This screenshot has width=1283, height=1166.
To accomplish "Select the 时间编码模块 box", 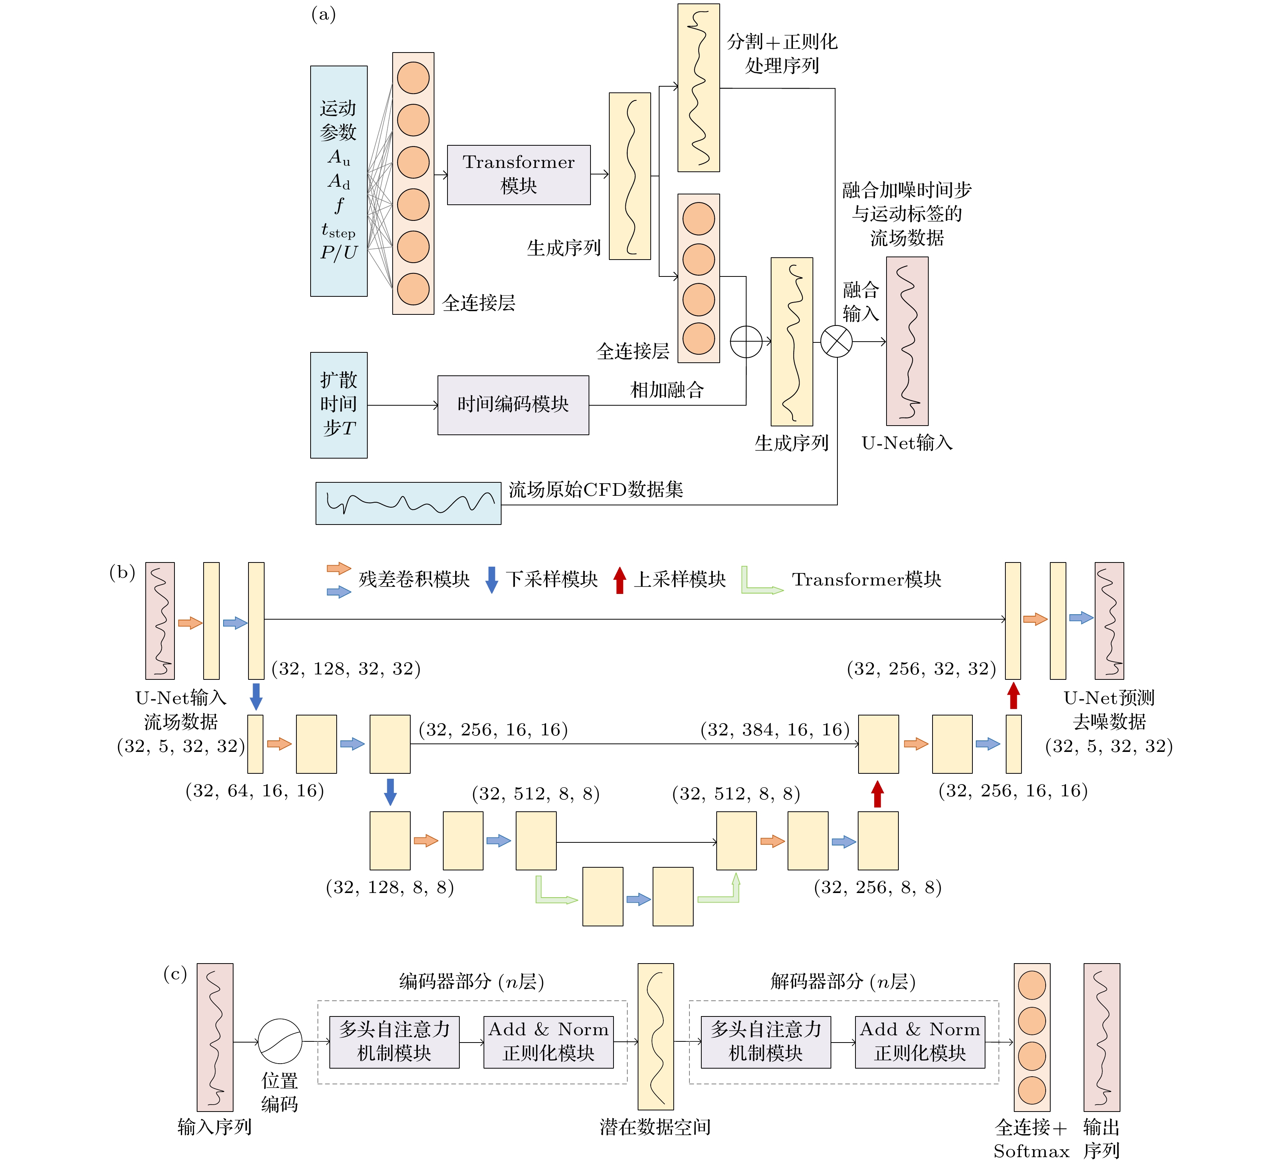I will pos(513,405).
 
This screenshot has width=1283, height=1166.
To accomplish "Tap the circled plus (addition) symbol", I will pos(746,342).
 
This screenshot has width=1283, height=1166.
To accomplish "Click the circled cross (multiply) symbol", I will pos(836,342).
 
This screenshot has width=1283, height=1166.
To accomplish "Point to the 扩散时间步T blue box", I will pos(339,405).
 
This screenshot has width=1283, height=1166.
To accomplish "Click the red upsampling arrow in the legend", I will pos(619,580).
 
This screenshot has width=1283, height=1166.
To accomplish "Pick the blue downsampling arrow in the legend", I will pos(491,580).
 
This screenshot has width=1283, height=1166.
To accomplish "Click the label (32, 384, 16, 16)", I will pos(775,729).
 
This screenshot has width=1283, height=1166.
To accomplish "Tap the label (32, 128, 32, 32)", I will pos(345,668).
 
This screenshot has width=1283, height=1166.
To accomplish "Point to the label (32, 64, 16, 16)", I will pos(255,791).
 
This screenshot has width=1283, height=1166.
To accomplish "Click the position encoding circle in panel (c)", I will pos(280,1041).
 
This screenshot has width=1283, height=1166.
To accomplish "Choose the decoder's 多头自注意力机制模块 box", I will pos(766,1041).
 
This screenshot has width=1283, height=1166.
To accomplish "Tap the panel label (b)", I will pos(122,572).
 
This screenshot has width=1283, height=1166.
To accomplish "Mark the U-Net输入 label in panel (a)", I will pos(907,443).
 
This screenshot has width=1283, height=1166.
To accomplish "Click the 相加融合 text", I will pos(667,390).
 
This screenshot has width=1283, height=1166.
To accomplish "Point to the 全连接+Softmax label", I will pos(1031,1139).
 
